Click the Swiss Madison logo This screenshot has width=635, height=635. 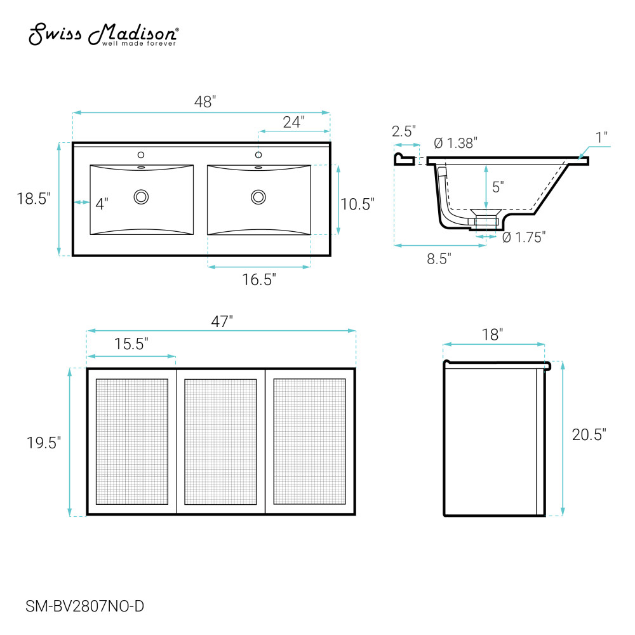click(x=104, y=34)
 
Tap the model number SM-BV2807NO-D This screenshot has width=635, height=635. click(x=84, y=606)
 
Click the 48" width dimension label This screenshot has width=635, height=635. click(x=205, y=102)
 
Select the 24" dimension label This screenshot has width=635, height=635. click(x=293, y=122)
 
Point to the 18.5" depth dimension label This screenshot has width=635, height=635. click(x=34, y=199)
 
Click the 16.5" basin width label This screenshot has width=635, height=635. click(x=259, y=279)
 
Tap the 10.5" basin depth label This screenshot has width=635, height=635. click(x=357, y=204)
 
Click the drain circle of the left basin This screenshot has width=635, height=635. click(x=142, y=197)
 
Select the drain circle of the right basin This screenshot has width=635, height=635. click(x=258, y=197)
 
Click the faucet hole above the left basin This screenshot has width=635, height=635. click(x=141, y=155)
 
